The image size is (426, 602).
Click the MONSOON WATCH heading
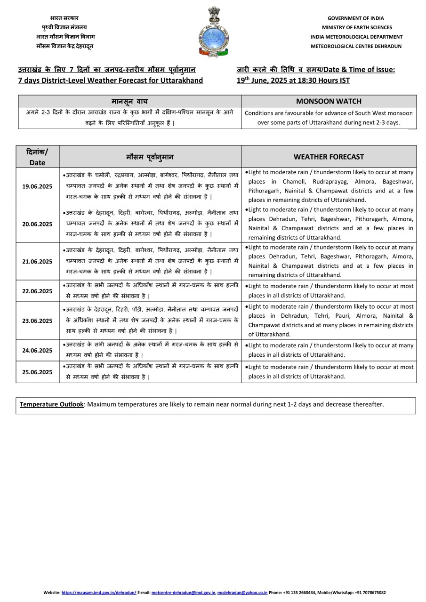click(x=329, y=101)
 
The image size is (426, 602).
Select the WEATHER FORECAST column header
click(x=329, y=157)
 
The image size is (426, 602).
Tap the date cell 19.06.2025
click(x=38, y=186)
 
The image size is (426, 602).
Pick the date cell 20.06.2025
click(x=38, y=224)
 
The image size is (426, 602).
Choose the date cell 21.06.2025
click(x=38, y=261)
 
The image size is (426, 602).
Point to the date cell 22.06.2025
click(x=38, y=291)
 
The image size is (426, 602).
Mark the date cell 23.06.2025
click(x=38, y=321)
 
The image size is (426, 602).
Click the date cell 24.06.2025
click(x=38, y=350)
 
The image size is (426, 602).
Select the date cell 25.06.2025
click(x=38, y=372)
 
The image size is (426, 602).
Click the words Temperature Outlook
click(x=52, y=404)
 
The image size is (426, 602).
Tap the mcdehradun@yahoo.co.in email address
click(x=242, y=593)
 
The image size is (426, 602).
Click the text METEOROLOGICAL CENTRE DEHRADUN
click(x=356, y=46)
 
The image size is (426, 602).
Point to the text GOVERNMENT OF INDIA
click(x=356, y=18)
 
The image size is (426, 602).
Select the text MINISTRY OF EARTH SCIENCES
click(x=356, y=27)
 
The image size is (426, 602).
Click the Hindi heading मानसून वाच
click(x=129, y=101)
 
